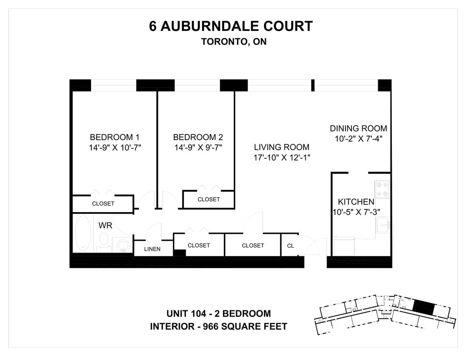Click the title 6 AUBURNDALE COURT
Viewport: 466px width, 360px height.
coord(231,26)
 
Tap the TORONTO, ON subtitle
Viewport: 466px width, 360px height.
coord(233,42)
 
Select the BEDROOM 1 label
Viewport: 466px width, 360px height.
coord(114,137)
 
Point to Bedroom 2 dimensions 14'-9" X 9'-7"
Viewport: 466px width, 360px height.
coord(198,147)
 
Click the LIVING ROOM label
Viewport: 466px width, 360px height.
coord(282,147)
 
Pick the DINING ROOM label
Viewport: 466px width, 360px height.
coord(359,128)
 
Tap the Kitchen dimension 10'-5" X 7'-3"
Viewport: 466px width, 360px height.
coord(356,212)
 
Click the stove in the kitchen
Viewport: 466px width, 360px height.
coord(382,189)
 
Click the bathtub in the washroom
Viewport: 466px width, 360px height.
coord(83,233)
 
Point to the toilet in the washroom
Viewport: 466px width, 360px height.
coord(104,240)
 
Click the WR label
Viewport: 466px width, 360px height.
coord(105,225)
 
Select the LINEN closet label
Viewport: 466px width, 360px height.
coord(152,249)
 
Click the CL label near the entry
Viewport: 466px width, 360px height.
coord(290,246)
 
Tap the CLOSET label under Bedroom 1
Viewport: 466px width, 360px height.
coord(103,203)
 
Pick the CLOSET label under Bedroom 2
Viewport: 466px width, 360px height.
coord(208,199)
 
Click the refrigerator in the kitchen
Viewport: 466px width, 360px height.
coord(344,246)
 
